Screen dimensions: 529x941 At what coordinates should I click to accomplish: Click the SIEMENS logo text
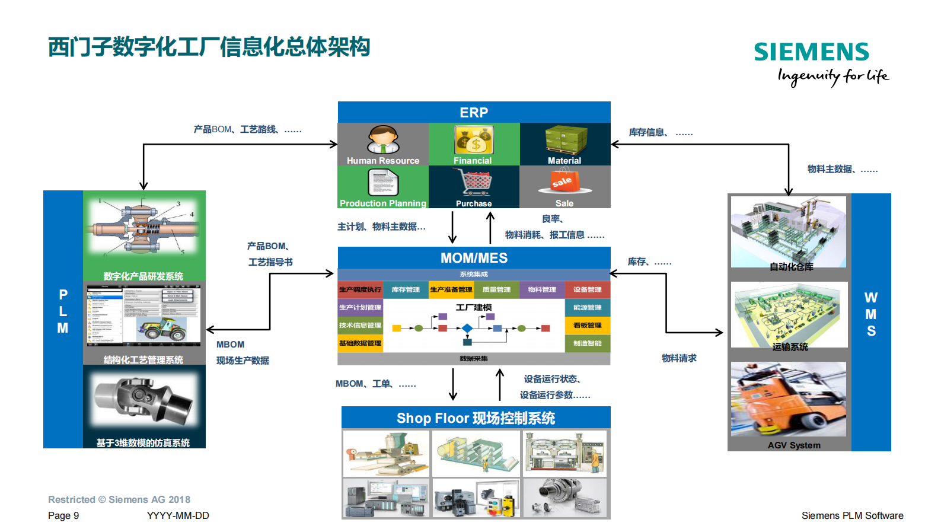811,52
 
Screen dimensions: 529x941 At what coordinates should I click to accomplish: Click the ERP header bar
474,112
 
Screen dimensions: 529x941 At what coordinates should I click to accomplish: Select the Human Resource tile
383,144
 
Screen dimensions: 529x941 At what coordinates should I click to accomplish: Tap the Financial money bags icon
474,140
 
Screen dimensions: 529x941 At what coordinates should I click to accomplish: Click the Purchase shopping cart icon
474,182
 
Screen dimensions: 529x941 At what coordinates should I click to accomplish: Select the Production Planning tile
383,187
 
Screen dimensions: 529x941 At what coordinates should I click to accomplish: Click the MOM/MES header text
474,258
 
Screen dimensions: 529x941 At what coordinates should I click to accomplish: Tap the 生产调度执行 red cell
360,289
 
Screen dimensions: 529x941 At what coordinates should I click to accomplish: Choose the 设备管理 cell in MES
587,289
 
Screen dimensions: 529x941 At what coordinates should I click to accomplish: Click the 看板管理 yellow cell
587,325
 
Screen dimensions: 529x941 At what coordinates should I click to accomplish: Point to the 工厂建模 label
474,307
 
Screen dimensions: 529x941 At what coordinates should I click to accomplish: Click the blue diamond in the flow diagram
467,328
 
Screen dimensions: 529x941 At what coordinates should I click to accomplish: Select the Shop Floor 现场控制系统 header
476,418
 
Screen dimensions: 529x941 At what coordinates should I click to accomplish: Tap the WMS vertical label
870,314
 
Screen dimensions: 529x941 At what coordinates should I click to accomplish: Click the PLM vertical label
63,311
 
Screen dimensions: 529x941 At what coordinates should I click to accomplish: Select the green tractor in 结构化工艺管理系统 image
162,328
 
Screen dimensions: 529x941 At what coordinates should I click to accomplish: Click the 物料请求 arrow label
679,358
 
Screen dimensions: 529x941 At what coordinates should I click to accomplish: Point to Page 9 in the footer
63,515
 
